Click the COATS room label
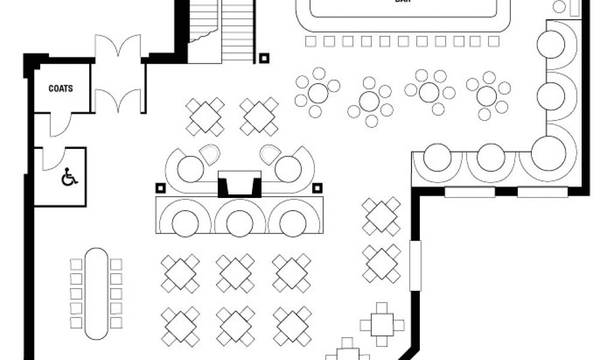point(61,89)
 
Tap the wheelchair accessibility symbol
point(69,178)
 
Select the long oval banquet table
point(96,293)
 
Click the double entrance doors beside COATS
point(118,74)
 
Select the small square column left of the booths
point(160,188)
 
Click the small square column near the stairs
point(264,58)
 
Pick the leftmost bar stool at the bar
point(310,41)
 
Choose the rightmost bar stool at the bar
point(493,41)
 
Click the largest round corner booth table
point(548,153)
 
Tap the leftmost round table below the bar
point(318,92)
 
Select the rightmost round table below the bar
point(487,95)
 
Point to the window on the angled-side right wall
point(414,265)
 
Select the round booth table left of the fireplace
point(190,168)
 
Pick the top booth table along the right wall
point(550,44)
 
